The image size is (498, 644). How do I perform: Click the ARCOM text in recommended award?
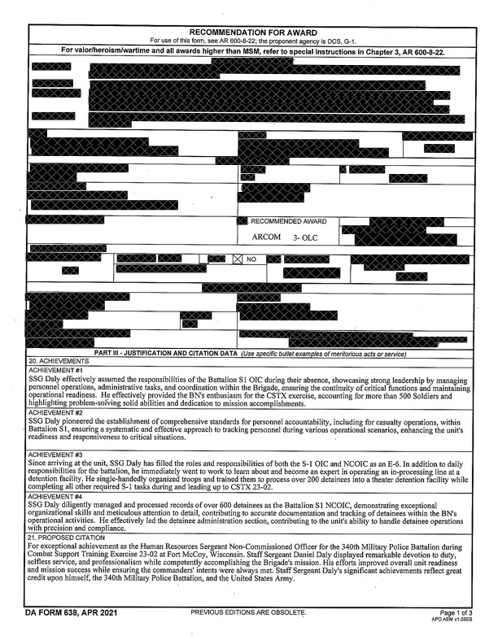(266, 237)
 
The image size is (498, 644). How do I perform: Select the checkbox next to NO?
(238, 259)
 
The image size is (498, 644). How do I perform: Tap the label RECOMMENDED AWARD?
(288, 221)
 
